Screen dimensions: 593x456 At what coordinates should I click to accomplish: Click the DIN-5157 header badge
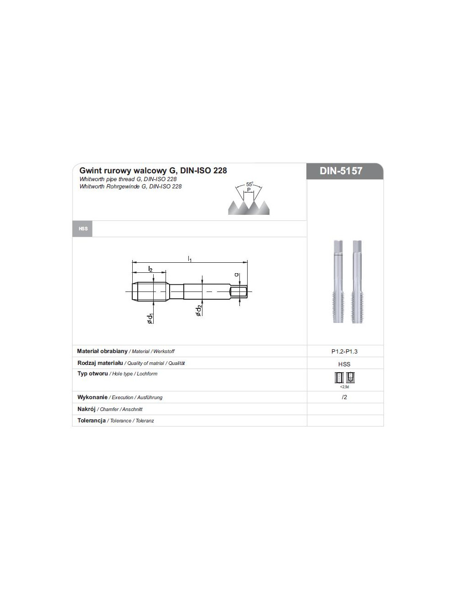click(341, 171)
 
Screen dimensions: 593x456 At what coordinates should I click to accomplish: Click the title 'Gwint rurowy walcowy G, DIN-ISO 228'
click(153, 171)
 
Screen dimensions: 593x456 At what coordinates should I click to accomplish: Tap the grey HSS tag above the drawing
click(83, 229)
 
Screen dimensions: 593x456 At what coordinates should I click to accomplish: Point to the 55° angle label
click(249, 184)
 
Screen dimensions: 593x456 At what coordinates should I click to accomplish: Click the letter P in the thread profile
click(249, 189)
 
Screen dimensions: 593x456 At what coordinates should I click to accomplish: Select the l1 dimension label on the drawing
click(190, 259)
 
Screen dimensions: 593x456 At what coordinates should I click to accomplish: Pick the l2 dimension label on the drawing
click(150, 269)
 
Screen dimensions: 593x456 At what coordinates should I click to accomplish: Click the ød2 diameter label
click(198, 311)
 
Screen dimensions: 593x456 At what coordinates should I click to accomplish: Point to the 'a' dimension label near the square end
click(236, 275)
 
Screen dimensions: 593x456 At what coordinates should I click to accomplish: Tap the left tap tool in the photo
click(338, 281)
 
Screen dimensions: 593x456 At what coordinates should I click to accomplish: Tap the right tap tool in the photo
click(357, 281)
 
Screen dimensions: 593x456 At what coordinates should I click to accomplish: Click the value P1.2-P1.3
click(344, 352)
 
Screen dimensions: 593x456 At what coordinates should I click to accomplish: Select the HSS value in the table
click(344, 364)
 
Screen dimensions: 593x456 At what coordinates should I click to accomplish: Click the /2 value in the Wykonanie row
click(344, 397)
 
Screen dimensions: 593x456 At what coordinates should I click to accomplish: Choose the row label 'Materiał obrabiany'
click(102, 351)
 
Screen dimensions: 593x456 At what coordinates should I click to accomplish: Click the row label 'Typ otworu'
click(93, 374)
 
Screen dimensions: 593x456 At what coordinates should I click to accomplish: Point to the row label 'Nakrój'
click(86, 409)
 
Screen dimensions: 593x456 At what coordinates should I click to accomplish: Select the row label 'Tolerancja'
click(92, 421)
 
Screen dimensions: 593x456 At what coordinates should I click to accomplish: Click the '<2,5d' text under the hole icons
click(344, 387)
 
